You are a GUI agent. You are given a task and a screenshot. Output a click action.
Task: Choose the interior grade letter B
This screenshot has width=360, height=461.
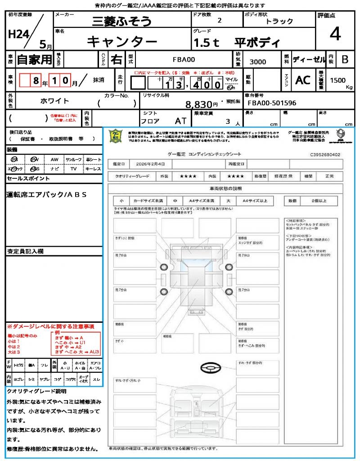345,59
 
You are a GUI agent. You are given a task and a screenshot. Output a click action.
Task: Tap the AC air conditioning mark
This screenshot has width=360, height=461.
303,80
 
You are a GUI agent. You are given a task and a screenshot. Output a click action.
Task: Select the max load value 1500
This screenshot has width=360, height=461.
338,80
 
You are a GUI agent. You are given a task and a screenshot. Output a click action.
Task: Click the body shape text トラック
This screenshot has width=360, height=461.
279,21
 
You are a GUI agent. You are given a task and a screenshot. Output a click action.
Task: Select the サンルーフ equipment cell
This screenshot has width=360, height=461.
74,159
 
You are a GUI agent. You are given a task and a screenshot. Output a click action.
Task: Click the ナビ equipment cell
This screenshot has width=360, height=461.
54,169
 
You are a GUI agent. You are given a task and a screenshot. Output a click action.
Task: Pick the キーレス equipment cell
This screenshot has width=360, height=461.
93,169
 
